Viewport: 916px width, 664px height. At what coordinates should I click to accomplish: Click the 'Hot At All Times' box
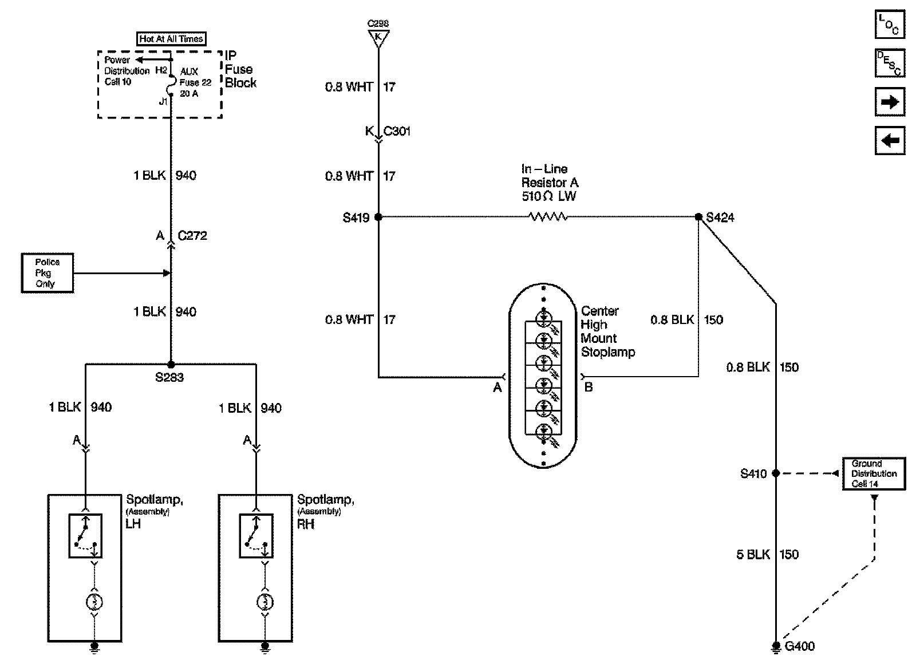pos(171,39)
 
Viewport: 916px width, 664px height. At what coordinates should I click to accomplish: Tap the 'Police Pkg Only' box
pos(47,273)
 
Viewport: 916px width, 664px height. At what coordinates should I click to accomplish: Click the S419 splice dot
pos(378,217)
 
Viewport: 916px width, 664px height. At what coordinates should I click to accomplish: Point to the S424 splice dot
pos(698,217)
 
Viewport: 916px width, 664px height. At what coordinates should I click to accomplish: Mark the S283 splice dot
pos(171,364)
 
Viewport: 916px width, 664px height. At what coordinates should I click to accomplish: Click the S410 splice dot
pos(776,473)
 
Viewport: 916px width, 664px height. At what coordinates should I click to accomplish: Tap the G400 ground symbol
pos(776,646)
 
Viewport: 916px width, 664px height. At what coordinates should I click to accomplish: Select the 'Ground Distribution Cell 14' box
pos(874,473)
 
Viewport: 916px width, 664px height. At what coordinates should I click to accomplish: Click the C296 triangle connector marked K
pos(378,38)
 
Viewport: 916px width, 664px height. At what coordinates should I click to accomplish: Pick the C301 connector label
pos(397,131)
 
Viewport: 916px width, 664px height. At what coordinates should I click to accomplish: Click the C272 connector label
pos(192,235)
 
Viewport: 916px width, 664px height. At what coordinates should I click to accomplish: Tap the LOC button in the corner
pos(890,25)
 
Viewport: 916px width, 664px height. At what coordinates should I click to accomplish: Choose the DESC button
pos(890,63)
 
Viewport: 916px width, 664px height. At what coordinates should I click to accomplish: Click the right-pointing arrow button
pos(890,102)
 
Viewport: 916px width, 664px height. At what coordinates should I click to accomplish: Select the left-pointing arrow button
pos(890,140)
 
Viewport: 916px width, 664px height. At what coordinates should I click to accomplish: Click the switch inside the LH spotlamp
pos(85,536)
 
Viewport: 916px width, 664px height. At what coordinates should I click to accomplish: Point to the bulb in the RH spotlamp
pos(264,602)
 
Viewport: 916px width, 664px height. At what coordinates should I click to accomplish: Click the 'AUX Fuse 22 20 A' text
pos(195,82)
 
